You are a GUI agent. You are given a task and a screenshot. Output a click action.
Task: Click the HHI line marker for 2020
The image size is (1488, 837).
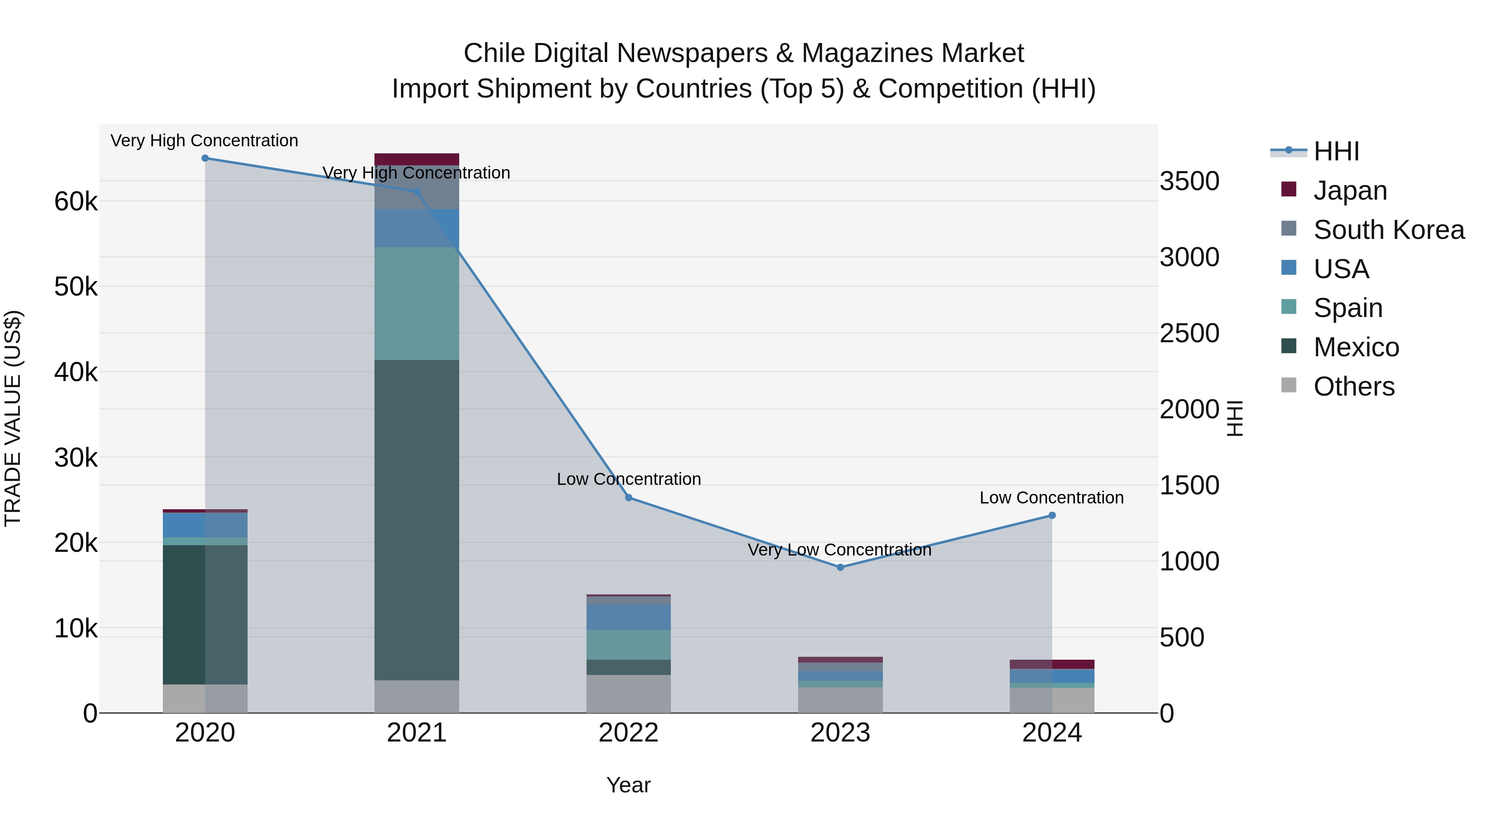point(205,158)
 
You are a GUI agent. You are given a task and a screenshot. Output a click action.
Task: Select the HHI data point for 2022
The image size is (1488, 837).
point(628,498)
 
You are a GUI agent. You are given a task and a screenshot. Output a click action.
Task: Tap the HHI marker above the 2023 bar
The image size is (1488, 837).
point(840,567)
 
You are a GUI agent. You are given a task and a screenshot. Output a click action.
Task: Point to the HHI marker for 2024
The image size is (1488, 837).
point(1052,516)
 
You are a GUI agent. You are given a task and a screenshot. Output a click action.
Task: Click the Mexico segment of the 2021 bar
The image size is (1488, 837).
point(417,520)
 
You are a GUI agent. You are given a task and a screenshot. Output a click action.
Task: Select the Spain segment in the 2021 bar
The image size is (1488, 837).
point(417,304)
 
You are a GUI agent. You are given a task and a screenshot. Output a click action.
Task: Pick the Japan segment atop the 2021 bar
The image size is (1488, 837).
point(417,160)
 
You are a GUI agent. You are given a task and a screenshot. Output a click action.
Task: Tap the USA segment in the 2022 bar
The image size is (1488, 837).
point(628,617)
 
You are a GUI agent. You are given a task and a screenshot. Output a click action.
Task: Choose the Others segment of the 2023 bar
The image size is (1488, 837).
point(840,700)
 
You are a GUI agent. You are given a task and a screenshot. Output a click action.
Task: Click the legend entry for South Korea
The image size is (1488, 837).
point(1389,230)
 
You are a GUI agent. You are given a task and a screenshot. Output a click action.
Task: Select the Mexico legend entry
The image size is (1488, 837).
point(1356,347)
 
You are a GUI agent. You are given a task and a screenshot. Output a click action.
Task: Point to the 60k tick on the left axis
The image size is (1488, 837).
point(76,202)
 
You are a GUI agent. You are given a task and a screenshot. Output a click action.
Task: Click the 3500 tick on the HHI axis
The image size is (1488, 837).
point(1189,181)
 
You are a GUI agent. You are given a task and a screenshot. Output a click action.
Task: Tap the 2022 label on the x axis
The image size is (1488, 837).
point(628,733)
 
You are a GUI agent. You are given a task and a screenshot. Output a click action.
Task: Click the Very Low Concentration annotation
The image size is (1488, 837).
point(839,550)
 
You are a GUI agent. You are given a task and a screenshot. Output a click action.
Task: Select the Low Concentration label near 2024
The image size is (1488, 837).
point(1051,498)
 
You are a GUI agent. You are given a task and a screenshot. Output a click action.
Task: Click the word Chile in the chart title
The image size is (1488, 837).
point(494,54)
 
